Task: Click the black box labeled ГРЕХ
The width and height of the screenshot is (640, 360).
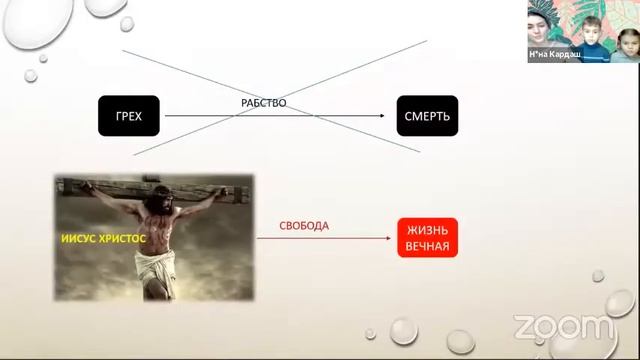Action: coord(130,116)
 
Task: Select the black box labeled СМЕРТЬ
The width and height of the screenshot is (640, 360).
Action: coord(427,116)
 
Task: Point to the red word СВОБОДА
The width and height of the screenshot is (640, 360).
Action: coord(304,226)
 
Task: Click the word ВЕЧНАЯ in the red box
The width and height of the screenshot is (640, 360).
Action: coord(427,246)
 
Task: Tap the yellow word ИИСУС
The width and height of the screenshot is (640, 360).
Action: coord(79,240)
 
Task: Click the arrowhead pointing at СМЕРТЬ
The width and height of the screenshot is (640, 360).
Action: coord(381,116)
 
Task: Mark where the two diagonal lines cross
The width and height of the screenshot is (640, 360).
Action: coord(276,97)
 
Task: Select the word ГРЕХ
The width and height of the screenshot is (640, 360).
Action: coord(130,116)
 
